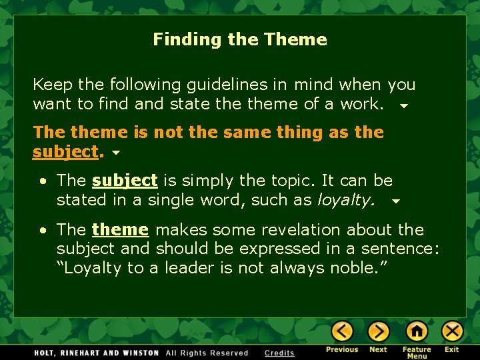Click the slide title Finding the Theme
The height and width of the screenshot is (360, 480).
click(240, 39)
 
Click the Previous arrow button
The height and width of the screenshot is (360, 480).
click(342, 331)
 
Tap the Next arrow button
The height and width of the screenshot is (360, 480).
click(378, 331)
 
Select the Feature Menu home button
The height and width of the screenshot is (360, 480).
click(417, 331)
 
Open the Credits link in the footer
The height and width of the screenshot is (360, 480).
click(279, 353)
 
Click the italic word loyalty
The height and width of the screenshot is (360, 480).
click(345, 200)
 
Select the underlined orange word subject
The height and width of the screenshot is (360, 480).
click(65, 152)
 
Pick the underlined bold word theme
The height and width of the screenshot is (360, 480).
click(120, 230)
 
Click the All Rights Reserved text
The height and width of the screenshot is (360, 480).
click(207, 353)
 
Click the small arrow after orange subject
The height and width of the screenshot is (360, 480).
click(116, 153)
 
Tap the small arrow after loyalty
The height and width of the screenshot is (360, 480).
click(395, 201)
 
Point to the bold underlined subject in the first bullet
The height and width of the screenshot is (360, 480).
click(125, 181)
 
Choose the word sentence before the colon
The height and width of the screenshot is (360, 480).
click(399, 249)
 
